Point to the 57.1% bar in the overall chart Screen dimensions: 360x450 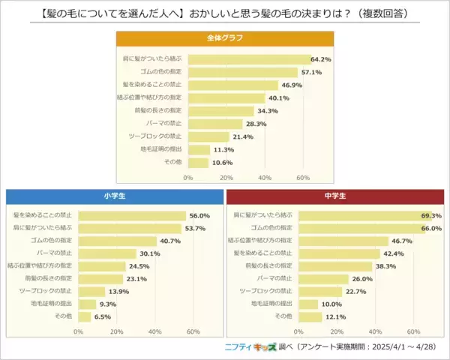coord(243,72)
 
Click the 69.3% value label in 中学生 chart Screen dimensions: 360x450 coord(431,215)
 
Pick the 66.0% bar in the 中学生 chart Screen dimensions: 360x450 coord(362,228)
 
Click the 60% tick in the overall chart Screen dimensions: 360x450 coord(303,178)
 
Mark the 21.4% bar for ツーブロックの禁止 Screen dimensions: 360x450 coord(208,136)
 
